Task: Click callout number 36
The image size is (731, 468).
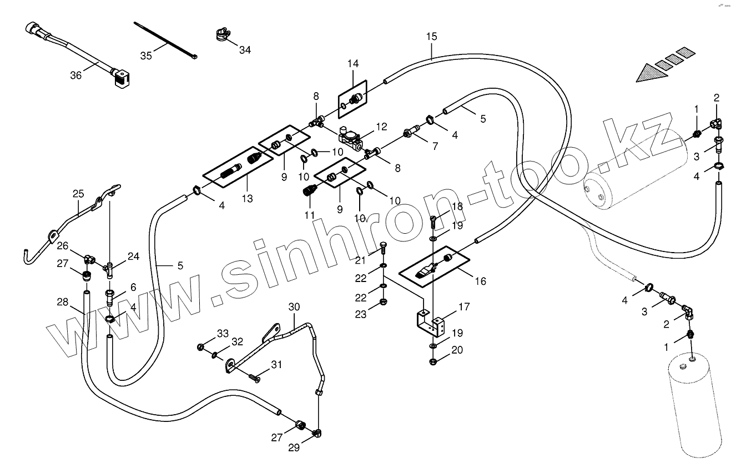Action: pos(75,75)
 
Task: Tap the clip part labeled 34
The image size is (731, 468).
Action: pos(221,35)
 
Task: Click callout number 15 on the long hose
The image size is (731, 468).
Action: pos(432,37)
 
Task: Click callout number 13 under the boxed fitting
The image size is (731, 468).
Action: pos(247,198)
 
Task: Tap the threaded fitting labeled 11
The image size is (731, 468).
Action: pos(307,193)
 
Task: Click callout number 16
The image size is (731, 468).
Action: pos(480,281)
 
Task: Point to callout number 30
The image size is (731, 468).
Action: pos(294,307)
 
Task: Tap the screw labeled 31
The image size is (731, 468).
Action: pos(255,378)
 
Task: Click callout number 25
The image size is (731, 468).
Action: pos(78,194)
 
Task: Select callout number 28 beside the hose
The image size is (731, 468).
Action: pos(62,303)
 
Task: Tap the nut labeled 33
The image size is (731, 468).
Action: pos(200,348)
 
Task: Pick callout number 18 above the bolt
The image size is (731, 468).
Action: pos(457,207)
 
